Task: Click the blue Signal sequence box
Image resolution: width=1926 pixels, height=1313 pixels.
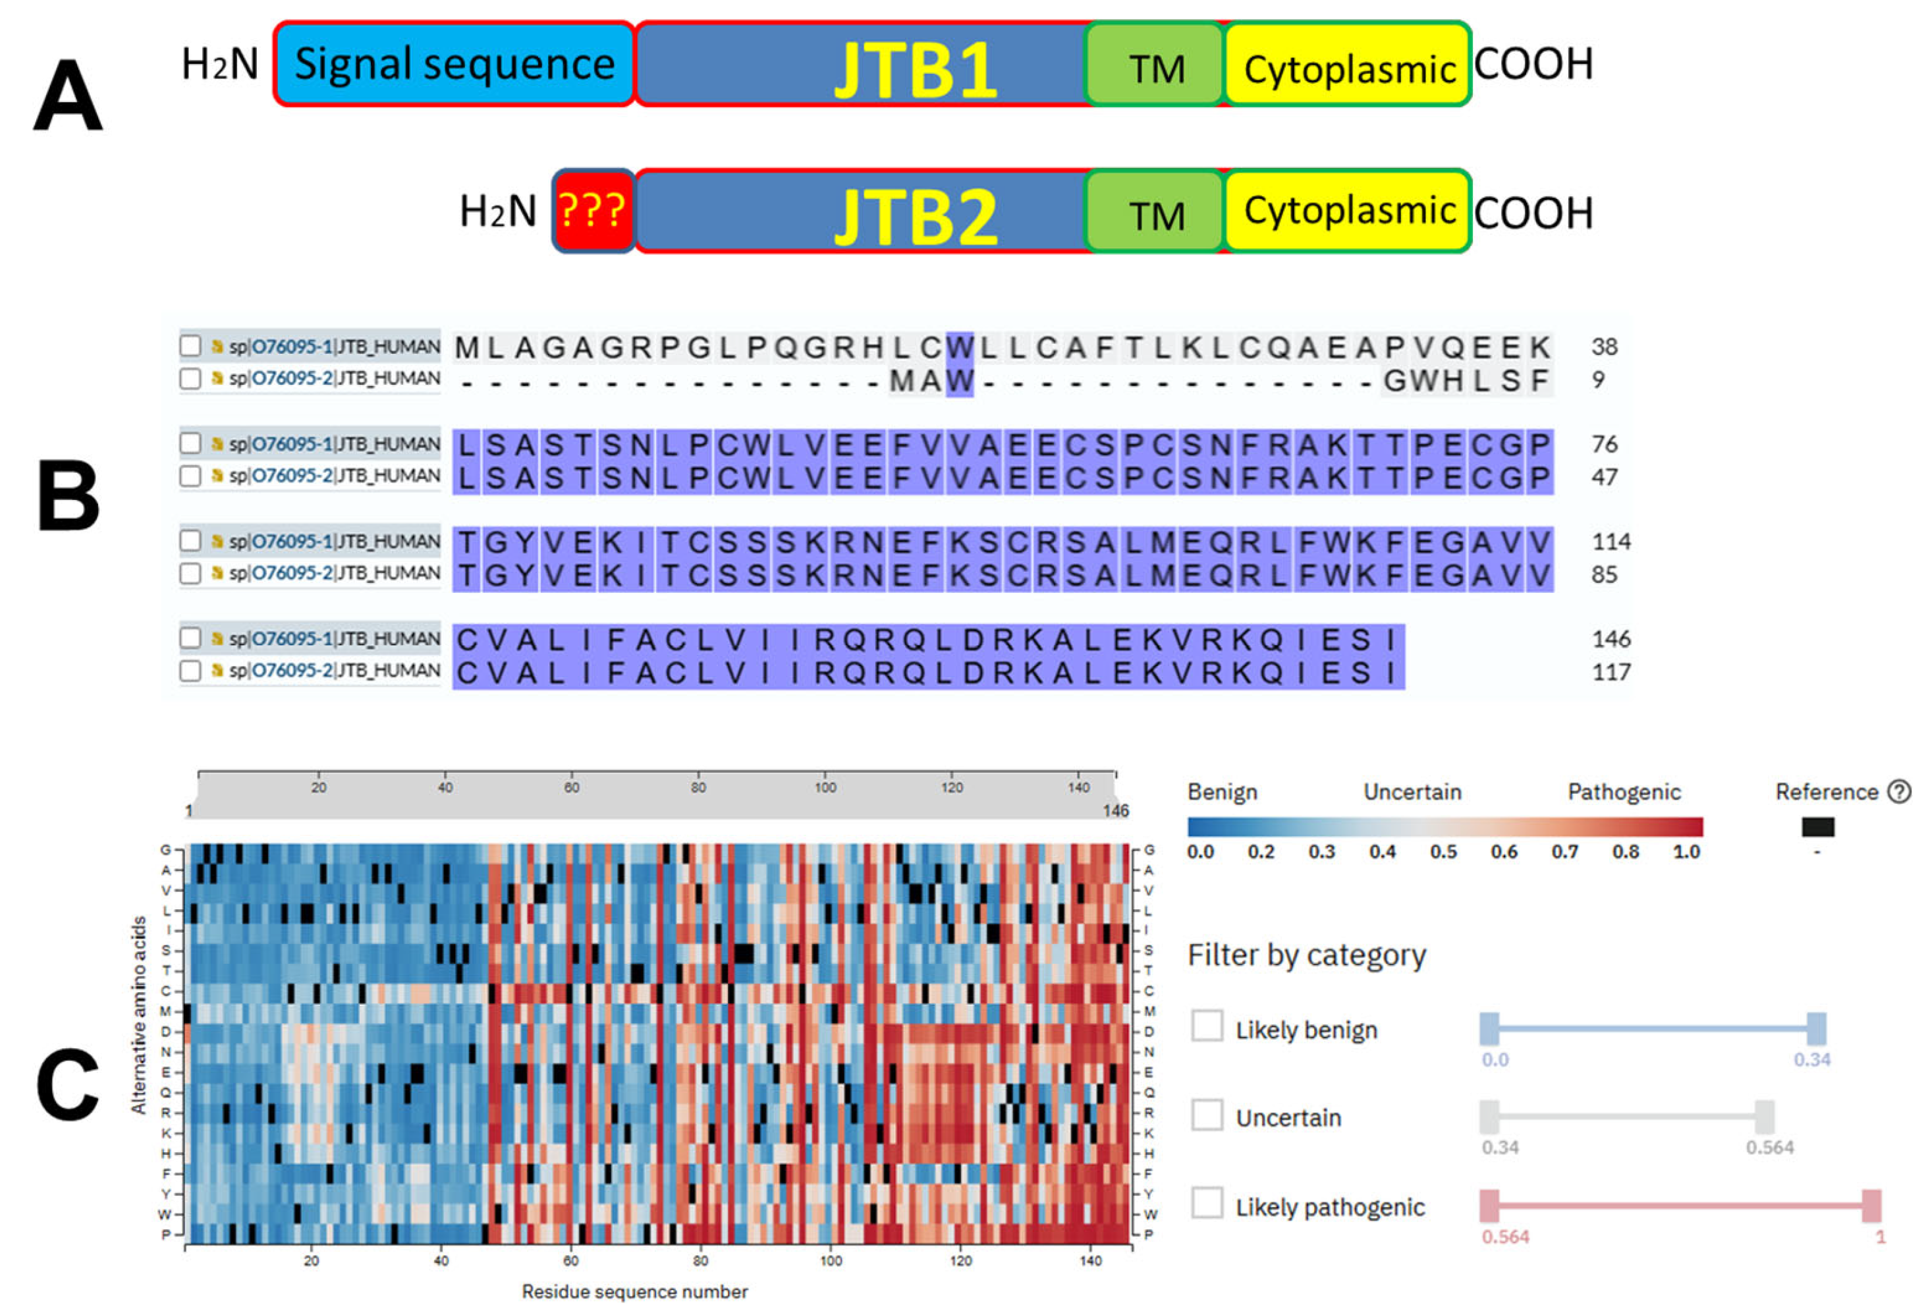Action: pyautogui.click(x=454, y=64)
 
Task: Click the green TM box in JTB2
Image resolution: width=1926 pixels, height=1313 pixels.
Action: pyautogui.click(x=1156, y=213)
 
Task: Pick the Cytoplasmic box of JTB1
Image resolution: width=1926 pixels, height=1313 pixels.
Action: pyautogui.click(x=1348, y=67)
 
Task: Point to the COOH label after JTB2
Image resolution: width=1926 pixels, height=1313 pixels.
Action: pyautogui.click(x=1533, y=213)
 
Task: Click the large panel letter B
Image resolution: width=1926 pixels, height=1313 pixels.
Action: pyautogui.click(x=68, y=495)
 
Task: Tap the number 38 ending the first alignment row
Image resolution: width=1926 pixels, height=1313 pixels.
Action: pyautogui.click(x=1604, y=347)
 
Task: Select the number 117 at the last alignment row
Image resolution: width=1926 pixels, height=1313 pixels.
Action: pyautogui.click(x=1610, y=671)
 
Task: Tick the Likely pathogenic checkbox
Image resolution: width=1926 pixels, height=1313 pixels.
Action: pyautogui.click(x=1207, y=1203)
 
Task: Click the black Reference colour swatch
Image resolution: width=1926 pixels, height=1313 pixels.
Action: pyautogui.click(x=1817, y=826)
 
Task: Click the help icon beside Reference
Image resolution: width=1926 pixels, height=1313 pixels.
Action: pyautogui.click(x=1898, y=792)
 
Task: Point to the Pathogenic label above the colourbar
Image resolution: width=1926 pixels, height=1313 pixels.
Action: pyautogui.click(x=1624, y=792)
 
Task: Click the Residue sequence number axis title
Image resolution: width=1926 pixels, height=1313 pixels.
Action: pyautogui.click(x=634, y=1291)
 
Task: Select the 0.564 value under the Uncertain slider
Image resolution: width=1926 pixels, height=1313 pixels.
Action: pyautogui.click(x=1769, y=1147)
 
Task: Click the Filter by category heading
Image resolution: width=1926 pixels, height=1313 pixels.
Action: pyautogui.click(x=1306, y=955)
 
